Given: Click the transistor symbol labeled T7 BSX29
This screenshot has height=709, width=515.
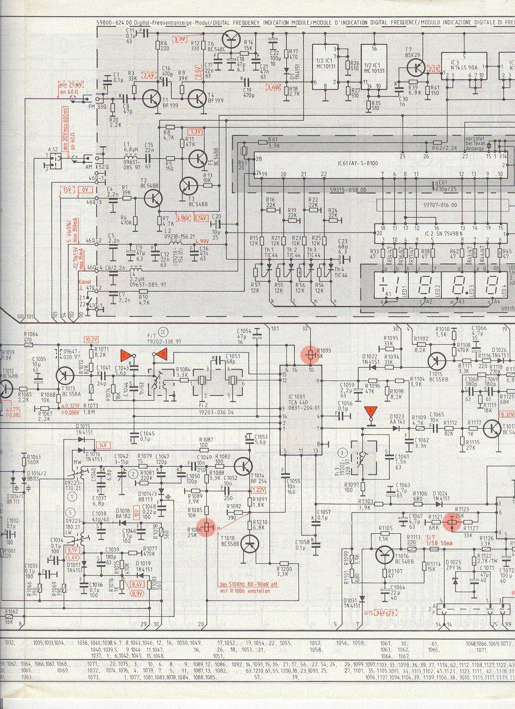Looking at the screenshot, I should (x=416, y=68).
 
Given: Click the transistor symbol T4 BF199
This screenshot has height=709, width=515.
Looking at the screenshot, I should (x=197, y=97).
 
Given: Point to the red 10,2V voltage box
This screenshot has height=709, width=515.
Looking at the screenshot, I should (x=91, y=339).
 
